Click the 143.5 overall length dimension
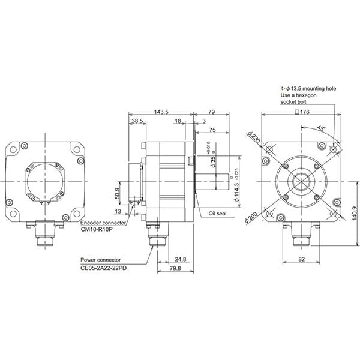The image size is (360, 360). click(160, 112)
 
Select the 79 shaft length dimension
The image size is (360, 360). click(211, 112)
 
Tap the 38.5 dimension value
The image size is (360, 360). click(137, 121)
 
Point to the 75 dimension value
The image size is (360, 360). click(212, 130)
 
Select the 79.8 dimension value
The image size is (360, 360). click(176, 268)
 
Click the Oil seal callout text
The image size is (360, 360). click(217, 214)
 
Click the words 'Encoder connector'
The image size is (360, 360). click(104, 222)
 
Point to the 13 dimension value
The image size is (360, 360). click(118, 211)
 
